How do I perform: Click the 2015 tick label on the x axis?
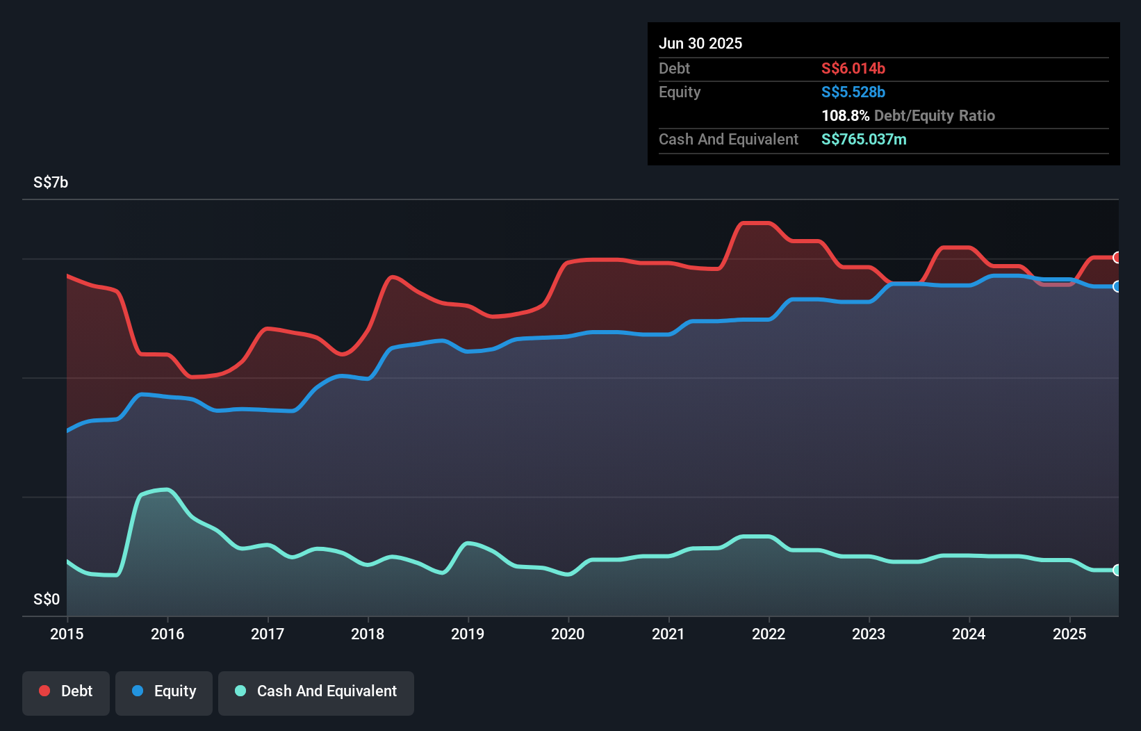click(67, 634)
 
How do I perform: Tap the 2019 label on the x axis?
click(468, 634)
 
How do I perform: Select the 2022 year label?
click(769, 634)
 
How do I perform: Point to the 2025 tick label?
click(1069, 634)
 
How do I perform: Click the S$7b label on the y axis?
click(51, 183)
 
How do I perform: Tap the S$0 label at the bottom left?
click(47, 599)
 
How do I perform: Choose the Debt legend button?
click(66, 691)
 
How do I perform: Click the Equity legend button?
click(164, 691)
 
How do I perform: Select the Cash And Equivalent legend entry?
click(316, 691)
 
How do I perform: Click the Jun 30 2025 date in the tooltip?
click(700, 43)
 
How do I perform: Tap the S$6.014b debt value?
click(853, 68)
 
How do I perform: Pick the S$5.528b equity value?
click(853, 92)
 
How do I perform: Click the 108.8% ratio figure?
click(845, 115)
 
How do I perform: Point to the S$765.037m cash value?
click(864, 139)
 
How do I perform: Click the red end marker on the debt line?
click(1117, 258)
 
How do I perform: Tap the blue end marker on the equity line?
click(1117, 286)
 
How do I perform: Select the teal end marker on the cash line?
click(1117, 570)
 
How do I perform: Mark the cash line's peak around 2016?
click(165, 490)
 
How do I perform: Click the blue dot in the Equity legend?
click(138, 691)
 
